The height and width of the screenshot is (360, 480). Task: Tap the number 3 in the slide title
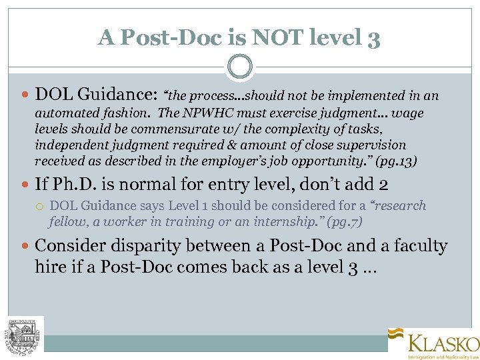point(373,39)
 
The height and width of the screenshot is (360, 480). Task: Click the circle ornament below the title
point(239,67)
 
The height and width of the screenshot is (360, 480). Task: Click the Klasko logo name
point(443,344)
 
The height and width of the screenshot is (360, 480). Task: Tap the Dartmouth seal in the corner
point(25,334)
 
